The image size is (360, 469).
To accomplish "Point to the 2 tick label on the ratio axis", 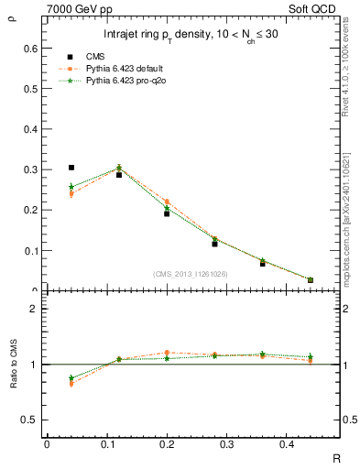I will coord(34,309).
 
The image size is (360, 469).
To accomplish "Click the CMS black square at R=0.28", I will coord(240,244).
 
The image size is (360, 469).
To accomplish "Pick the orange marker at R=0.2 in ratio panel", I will coord(167,352).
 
